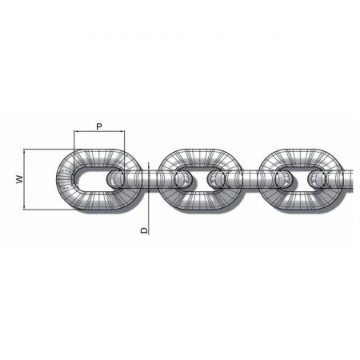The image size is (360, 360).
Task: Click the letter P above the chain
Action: pos(99,126)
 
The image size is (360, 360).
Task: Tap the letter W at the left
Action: pos(19,179)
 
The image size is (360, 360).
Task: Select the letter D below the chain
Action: pos(144,230)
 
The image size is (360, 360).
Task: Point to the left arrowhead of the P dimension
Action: pos(76,131)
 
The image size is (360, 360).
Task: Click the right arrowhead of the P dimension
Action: pos(122,131)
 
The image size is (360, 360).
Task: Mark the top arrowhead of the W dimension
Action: pos(24,151)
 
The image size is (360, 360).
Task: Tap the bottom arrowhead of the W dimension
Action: pos(24,207)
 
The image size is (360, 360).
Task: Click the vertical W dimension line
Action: pos(24,179)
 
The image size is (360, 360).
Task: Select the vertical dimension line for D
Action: pos(148,198)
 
